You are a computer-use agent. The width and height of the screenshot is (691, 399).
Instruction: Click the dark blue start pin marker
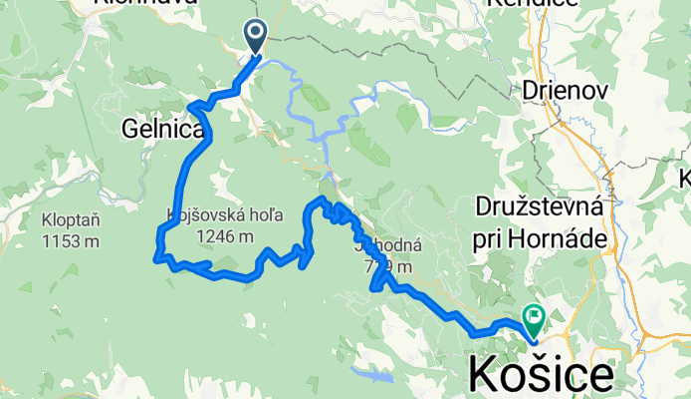256,38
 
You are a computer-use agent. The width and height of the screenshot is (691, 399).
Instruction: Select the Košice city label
542,376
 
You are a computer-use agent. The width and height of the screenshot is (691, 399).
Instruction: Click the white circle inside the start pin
256,35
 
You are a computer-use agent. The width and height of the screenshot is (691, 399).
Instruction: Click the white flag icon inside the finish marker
534,318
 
